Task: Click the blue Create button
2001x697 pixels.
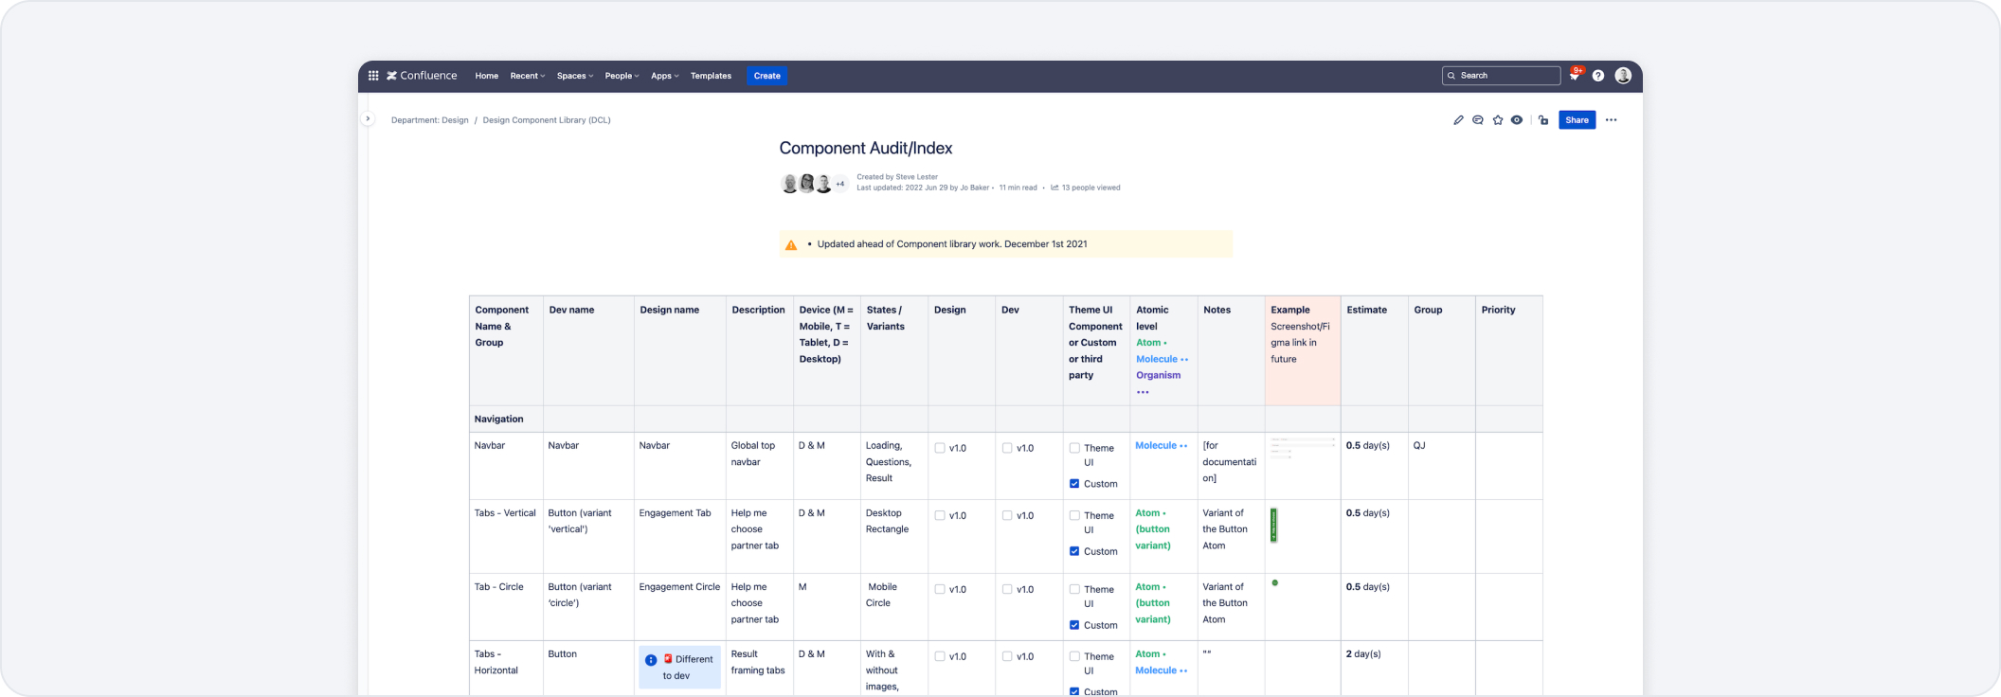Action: (x=766, y=76)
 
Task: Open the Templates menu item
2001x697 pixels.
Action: (x=711, y=76)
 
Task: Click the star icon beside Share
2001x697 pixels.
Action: (x=1498, y=120)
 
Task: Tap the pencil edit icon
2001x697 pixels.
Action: (x=1458, y=120)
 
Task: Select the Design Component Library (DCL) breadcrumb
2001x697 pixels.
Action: (x=547, y=120)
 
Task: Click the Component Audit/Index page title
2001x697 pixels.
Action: (x=865, y=148)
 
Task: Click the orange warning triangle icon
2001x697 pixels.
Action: (x=791, y=245)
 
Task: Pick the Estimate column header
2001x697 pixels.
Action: (x=1366, y=310)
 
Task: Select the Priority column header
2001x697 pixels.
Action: (x=1498, y=310)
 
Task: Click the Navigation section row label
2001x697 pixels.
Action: (x=498, y=419)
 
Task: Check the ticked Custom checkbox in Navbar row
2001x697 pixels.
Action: (x=1074, y=484)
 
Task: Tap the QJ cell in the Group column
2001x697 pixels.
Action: (x=1419, y=445)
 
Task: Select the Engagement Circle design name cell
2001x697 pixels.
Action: (x=679, y=587)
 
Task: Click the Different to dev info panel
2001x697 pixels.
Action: (x=679, y=667)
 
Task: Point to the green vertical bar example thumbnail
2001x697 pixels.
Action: (x=1273, y=526)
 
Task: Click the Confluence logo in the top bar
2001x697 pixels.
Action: (x=422, y=76)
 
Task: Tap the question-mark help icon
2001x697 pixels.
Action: (x=1598, y=76)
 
